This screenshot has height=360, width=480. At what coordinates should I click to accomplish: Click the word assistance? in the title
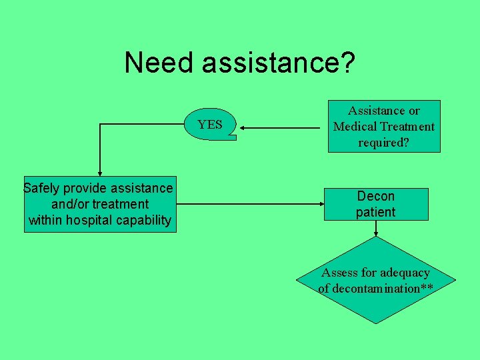pyautogui.click(x=279, y=63)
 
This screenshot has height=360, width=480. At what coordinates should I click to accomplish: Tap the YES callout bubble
pyautogui.click(x=210, y=124)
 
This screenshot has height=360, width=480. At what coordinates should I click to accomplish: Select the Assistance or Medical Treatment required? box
pyautogui.click(x=384, y=127)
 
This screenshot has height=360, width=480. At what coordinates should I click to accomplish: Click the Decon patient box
pyautogui.click(x=376, y=204)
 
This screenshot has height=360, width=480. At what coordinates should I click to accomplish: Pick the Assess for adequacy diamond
pyautogui.click(x=376, y=281)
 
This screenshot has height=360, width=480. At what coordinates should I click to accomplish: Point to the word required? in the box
pyautogui.click(x=383, y=142)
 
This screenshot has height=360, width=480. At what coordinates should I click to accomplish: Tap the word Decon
pyautogui.click(x=376, y=196)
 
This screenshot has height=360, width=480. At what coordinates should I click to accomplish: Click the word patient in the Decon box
pyautogui.click(x=376, y=213)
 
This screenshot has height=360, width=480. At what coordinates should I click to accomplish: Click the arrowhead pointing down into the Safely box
pyautogui.click(x=100, y=173)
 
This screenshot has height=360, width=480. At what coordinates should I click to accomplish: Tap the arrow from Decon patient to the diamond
pyautogui.click(x=376, y=229)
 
